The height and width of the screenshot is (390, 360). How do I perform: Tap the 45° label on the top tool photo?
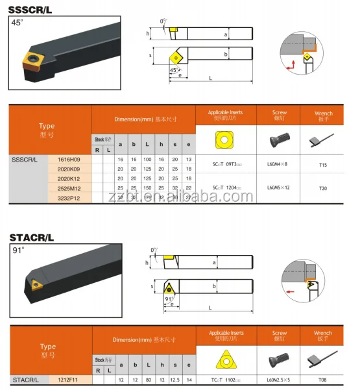[17, 23]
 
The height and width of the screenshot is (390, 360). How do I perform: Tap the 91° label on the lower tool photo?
[17, 250]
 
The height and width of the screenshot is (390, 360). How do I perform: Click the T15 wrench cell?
[323, 165]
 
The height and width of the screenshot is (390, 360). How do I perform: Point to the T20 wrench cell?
[323, 188]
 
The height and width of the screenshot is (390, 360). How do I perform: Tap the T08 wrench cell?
[323, 379]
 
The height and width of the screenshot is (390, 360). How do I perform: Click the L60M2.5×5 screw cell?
[280, 379]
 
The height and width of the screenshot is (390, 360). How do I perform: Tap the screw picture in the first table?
[280, 138]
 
